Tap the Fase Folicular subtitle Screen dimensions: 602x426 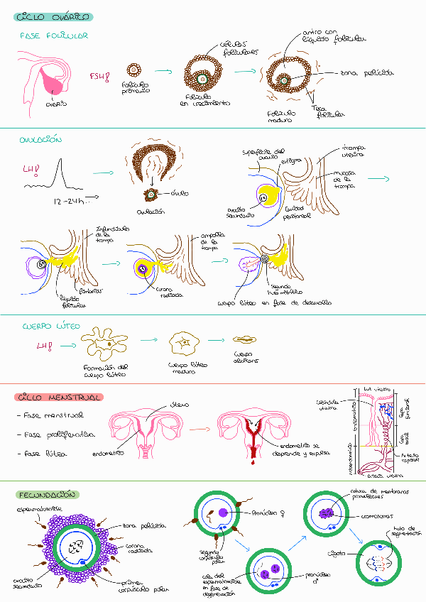point(53,35)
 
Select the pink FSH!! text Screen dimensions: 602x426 point(99,76)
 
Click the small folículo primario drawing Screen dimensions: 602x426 point(133,70)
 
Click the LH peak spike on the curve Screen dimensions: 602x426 point(62,172)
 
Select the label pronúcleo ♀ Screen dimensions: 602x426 point(257,512)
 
